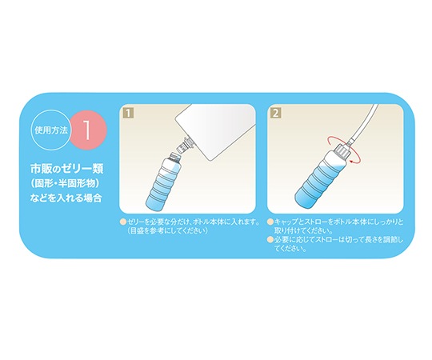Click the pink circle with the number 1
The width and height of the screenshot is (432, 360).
coord(88,130)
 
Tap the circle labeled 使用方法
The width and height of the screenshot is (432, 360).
coord(51,130)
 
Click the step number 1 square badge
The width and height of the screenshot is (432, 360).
coord(128,113)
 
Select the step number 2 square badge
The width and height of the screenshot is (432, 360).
coord(276,113)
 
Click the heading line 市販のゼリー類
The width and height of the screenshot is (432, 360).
coord(66,169)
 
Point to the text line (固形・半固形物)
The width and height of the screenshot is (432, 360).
coord(65,183)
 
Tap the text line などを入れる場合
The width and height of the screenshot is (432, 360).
coord(66,198)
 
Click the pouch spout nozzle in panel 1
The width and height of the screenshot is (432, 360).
coord(184,145)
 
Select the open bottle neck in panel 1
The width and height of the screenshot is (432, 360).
coord(175,158)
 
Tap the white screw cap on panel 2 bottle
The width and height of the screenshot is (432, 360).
coord(342,152)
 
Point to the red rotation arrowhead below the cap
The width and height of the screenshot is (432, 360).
coord(350,160)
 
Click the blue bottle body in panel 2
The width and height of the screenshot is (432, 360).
coord(319,181)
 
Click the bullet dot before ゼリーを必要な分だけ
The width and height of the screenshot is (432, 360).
coord(123,222)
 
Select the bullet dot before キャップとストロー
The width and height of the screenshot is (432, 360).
coord(270,222)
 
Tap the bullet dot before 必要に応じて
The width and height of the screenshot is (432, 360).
coord(270,240)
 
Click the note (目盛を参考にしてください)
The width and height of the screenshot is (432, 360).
coord(168,231)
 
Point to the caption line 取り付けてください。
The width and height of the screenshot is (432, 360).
coord(304,231)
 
